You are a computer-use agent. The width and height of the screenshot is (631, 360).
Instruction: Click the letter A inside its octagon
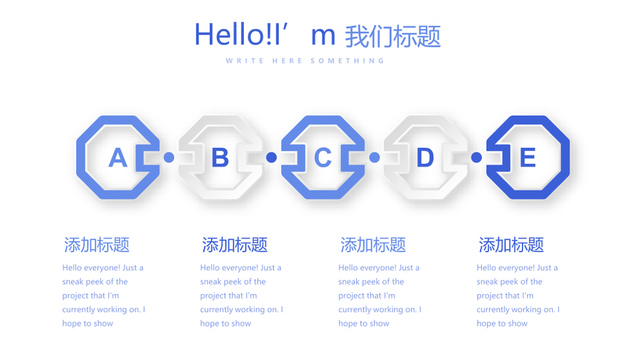(x=118, y=157)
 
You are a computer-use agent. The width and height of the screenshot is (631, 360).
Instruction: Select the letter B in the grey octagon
(x=220, y=157)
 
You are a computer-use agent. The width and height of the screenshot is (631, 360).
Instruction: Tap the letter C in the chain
(x=323, y=157)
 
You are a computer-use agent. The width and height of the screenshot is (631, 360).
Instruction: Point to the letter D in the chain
(x=425, y=157)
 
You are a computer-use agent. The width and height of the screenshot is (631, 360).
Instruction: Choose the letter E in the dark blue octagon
(x=528, y=157)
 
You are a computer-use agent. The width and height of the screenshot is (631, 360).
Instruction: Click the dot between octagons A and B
(x=169, y=157)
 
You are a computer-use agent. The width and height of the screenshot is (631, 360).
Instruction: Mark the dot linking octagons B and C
(x=271, y=157)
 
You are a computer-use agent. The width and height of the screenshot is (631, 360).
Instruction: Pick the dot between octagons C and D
(x=374, y=157)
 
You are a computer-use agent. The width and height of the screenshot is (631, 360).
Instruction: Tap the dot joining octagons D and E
(x=477, y=157)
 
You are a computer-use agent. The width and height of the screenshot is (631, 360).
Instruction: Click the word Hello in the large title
(x=229, y=34)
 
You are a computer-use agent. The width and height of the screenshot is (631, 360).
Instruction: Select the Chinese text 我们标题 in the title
(x=393, y=37)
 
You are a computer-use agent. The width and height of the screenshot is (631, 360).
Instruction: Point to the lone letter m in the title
(x=323, y=36)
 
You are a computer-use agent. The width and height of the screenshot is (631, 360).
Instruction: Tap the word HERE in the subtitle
(x=287, y=60)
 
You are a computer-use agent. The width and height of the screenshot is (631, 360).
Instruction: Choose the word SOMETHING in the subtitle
(x=347, y=60)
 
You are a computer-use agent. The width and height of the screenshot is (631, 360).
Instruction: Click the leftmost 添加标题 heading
(x=97, y=244)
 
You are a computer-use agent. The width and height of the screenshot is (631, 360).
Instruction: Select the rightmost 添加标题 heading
(x=511, y=244)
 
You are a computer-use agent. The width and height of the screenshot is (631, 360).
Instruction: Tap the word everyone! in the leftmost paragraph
(x=103, y=268)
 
